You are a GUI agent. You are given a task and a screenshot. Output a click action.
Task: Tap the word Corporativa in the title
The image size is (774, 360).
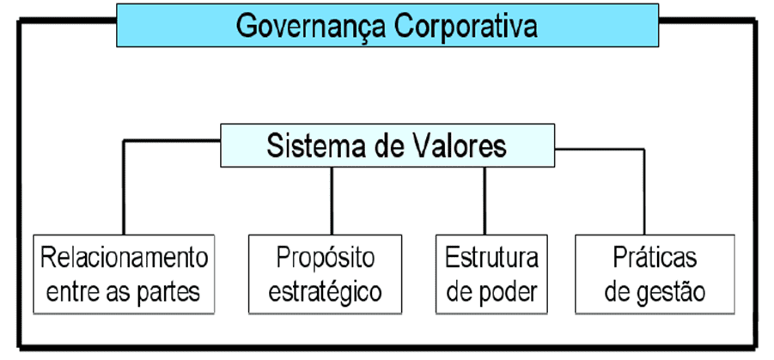tap(466, 27)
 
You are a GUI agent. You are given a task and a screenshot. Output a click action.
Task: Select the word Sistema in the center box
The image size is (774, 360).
tap(310, 146)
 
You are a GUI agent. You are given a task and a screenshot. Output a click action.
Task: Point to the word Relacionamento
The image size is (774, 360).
tap(124, 258)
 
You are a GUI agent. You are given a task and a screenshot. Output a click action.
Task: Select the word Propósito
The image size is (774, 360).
tap(326, 259)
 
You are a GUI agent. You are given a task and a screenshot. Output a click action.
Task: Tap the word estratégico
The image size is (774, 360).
tap(326, 292)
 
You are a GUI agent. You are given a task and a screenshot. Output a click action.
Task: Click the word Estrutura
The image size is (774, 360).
tap(491, 258)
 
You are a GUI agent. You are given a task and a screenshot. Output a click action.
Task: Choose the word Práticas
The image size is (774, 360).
tap(655, 258)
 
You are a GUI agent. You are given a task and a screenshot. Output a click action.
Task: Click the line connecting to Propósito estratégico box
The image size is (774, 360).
tap(332, 200)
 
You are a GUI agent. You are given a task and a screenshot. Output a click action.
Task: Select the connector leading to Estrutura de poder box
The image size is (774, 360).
tap(485, 200)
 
